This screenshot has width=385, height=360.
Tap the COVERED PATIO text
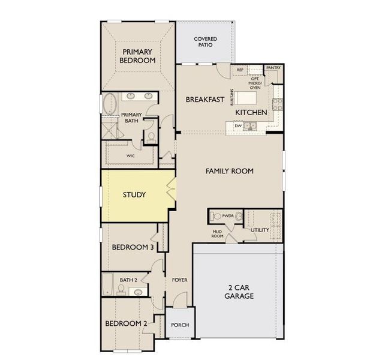[205, 43]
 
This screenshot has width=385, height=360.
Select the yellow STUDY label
[134, 195]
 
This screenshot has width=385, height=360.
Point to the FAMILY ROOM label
[229, 171]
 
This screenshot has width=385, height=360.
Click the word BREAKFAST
[204, 100]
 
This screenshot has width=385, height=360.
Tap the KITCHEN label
[251, 112]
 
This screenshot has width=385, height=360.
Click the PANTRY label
[273, 68]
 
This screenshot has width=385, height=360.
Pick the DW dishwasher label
[238, 125]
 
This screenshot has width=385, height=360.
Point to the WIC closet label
[130, 156]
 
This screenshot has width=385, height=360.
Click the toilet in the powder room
[239, 215]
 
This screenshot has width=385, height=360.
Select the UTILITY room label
[260, 230]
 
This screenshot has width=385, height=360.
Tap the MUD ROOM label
[217, 234]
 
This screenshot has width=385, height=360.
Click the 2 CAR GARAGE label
[239, 292]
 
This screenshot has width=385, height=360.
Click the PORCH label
[180, 325]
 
